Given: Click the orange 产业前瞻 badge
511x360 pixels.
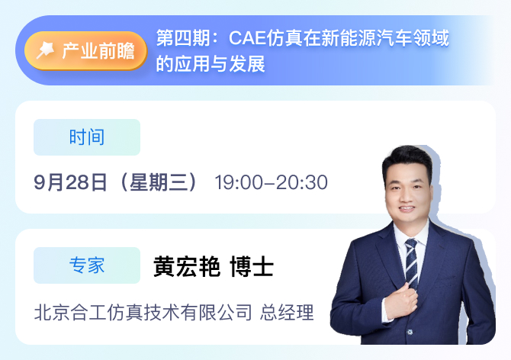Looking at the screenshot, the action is (x=85, y=51).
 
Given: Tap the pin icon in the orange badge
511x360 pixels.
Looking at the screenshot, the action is (x=45, y=50).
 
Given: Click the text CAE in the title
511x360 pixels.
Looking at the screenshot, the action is (x=248, y=38).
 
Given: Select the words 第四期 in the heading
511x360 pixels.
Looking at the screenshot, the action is (x=183, y=38).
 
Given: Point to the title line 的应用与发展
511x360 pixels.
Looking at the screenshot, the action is (x=211, y=64).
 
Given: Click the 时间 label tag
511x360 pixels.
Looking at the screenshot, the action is (x=87, y=137).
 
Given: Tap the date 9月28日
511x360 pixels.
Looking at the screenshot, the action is (x=70, y=182).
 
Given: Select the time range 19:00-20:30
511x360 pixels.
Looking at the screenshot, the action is (x=272, y=182).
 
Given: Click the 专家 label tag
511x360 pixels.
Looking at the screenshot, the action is (x=87, y=265).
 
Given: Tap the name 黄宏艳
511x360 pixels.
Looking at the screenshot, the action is (x=187, y=266).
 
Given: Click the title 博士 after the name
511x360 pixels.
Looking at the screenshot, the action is (x=252, y=266).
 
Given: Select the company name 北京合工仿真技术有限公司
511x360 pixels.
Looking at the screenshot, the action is (x=143, y=313).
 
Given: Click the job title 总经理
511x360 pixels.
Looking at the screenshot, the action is (x=287, y=313).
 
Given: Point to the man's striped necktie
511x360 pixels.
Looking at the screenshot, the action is (x=411, y=263).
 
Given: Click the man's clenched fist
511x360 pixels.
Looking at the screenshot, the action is (x=401, y=302).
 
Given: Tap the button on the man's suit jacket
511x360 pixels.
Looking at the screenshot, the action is (x=410, y=332).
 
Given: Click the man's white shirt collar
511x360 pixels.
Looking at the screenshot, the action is (x=411, y=234).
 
